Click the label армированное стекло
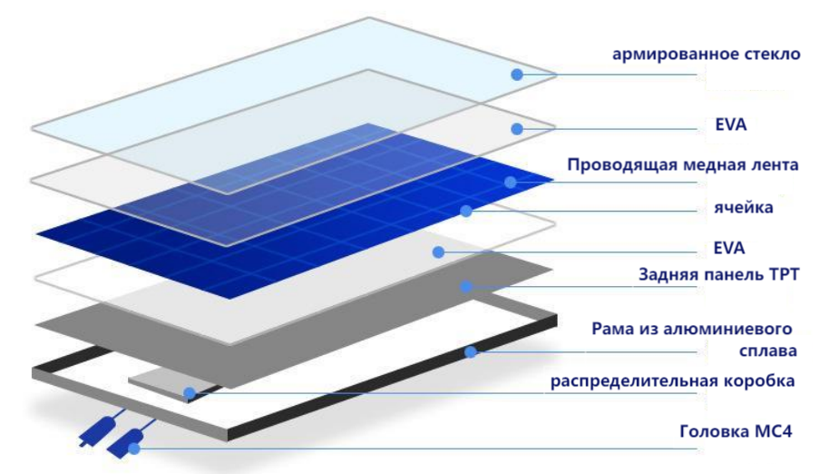click(707, 54)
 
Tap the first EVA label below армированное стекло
click(731, 124)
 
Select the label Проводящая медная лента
click(683, 165)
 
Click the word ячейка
click(744, 207)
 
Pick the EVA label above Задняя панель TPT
click(728, 248)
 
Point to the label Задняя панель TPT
click(719, 274)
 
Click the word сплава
click(767, 351)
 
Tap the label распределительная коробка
click(672, 381)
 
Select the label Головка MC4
click(736, 431)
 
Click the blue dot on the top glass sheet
click(517, 74)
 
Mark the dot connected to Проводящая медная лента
click(511, 183)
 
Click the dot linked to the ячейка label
click(466, 211)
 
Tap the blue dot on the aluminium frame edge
click(470, 351)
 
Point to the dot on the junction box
click(190, 393)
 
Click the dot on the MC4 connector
click(134, 449)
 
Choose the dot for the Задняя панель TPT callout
click(466, 287)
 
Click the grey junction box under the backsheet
click(174, 385)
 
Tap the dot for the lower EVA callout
click(438, 252)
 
